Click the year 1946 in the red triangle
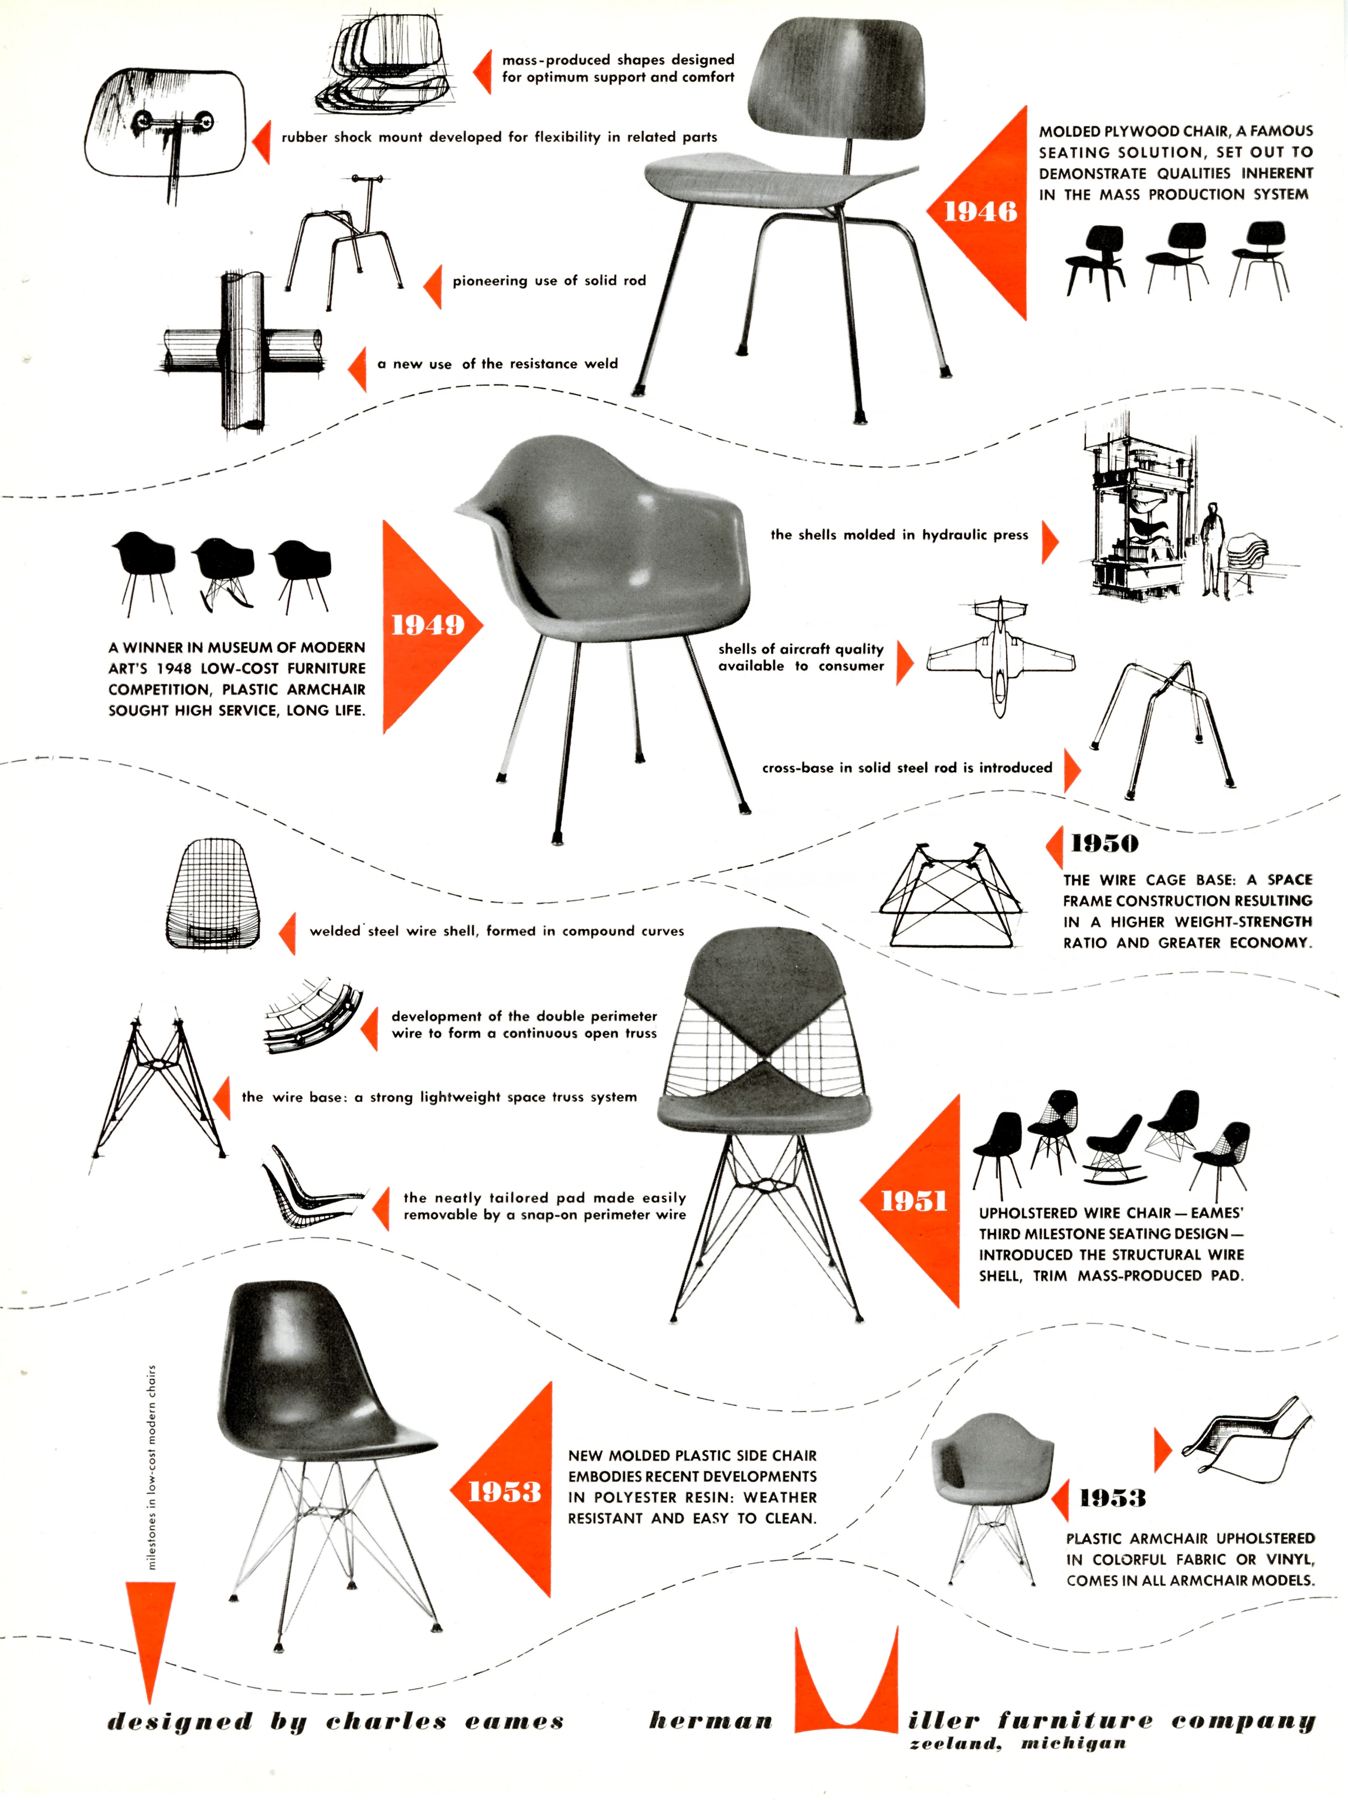pyautogui.click(x=980, y=212)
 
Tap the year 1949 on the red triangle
pyautogui.click(x=427, y=625)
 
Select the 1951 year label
pyautogui.click(x=914, y=1201)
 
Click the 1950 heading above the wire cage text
pyautogui.click(x=1104, y=844)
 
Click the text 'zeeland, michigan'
pyautogui.click(x=1017, y=1743)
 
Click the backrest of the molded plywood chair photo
pyautogui.click(x=837, y=81)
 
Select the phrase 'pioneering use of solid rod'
pyautogui.click(x=549, y=281)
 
